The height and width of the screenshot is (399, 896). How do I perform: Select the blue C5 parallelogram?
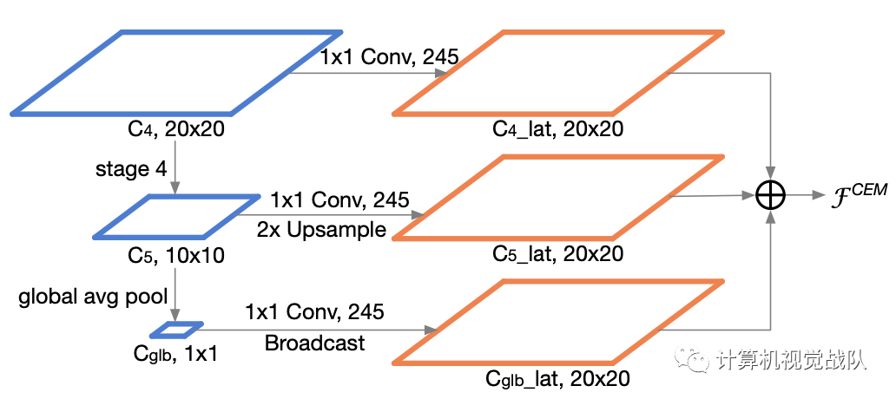[176, 216]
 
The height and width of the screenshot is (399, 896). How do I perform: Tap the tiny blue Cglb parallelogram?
[176, 330]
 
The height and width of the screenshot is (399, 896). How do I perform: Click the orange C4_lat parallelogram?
[558, 73]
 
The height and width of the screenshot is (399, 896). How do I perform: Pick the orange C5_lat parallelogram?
[558, 197]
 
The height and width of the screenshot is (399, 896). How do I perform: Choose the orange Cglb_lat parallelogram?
[558, 321]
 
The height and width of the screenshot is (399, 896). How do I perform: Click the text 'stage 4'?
[131, 168]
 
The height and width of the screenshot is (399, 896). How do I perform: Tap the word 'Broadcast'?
[314, 343]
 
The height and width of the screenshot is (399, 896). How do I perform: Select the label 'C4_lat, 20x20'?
[557, 130]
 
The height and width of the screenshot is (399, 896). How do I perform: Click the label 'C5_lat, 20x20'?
[557, 255]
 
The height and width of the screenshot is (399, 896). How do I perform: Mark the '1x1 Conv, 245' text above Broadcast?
[314, 310]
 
